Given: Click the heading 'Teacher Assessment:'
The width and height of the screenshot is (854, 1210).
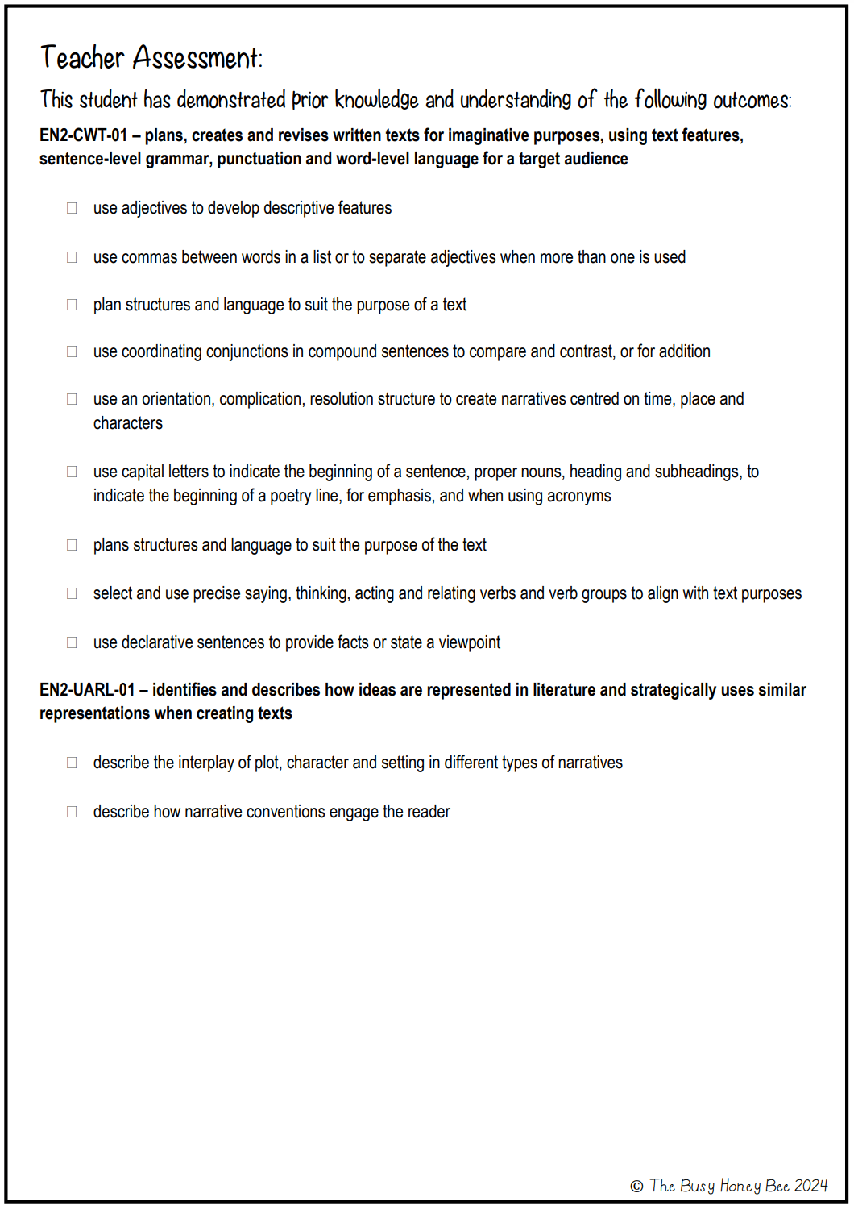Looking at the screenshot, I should (x=151, y=58).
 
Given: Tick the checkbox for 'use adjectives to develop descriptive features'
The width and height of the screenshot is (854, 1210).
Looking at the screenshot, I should (x=72, y=208).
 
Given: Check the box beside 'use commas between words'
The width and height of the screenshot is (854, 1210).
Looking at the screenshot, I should (x=72, y=257).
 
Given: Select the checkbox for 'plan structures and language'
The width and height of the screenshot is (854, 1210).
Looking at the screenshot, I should (x=72, y=305).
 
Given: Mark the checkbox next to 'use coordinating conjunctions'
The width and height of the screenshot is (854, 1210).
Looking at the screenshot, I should (x=72, y=351).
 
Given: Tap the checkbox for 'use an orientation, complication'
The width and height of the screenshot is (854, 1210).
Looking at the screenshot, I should (x=72, y=399).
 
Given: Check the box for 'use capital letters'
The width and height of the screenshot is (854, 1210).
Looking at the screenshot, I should (x=72, y=472).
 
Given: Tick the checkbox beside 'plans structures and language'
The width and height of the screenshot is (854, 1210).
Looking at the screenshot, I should (x=72, y=545).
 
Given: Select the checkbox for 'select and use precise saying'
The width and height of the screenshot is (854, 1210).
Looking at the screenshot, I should (x=72, y=593).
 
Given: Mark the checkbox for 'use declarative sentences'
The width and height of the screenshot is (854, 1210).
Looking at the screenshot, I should (x=72, y=642).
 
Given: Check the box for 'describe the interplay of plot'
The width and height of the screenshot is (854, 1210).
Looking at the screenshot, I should (x=72, y=763).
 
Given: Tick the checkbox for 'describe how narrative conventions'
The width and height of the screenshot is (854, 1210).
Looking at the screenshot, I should (x=72, y=812).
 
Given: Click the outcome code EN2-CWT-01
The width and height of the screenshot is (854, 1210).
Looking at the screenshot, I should (x=84, y=135).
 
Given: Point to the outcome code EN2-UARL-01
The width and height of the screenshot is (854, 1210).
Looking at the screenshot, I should (x=87, y=690).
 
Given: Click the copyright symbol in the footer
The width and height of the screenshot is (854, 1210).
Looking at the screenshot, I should (x=636, y=1186).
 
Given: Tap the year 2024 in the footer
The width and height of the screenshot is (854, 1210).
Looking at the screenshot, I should (x=810, y=1186).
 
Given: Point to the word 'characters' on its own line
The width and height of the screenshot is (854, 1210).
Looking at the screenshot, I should (x=127, y=423).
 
